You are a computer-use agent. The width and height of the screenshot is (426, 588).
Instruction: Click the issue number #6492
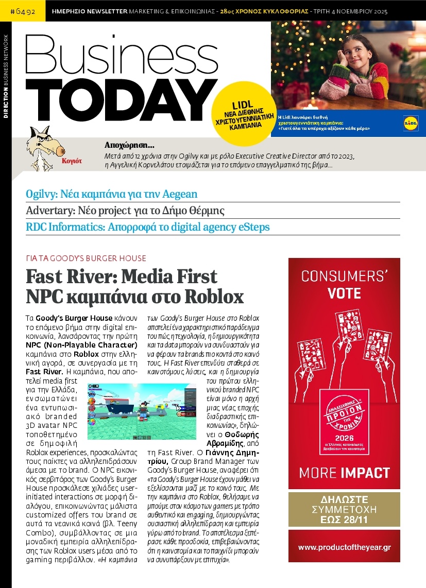[23, 10]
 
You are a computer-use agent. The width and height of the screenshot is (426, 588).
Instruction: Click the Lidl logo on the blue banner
[411, 123]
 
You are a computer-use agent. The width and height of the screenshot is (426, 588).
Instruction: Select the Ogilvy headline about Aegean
[112, 194]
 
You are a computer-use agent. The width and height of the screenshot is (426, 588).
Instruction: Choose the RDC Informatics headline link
[148, 227]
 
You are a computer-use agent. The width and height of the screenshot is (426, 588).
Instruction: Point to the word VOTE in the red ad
[344, 293]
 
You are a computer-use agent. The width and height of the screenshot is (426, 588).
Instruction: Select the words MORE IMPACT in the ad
[344, 473]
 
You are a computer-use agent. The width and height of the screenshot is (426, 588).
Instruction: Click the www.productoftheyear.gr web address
[344, 546]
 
